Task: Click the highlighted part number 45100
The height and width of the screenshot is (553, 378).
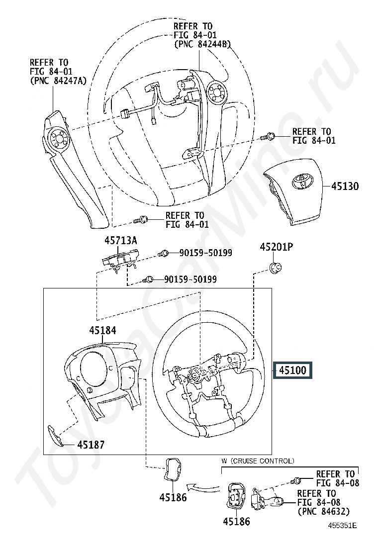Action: [x=292, y=370]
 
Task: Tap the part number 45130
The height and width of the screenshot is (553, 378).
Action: [x=345, y=186]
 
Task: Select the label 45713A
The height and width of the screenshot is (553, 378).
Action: [x=120, y=241]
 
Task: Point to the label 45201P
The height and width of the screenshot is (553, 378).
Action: [x=277, y=247]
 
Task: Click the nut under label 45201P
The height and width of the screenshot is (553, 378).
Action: [x=276, y=268]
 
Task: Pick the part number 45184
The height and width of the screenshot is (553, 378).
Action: [x=102, y=330]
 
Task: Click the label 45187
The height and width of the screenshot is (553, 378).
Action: [x=91, y=445]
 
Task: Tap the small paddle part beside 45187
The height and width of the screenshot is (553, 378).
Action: [x=55, y=436]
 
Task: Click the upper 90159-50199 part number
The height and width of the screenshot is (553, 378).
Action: [x=206, y=253]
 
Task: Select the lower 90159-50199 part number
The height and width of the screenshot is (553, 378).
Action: [x=190, y=279]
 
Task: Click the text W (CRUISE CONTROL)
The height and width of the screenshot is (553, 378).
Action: [x=258, y=461]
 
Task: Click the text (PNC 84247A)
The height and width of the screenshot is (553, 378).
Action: [x=58, y=81]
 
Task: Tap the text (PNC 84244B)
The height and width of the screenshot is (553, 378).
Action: [x=202, y=44]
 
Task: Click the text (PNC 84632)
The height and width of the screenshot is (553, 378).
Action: [x=324, y=511]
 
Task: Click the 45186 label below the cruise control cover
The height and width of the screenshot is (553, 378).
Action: [x=237, y=521]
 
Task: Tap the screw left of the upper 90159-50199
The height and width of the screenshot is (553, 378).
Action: [x=163, y=253]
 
